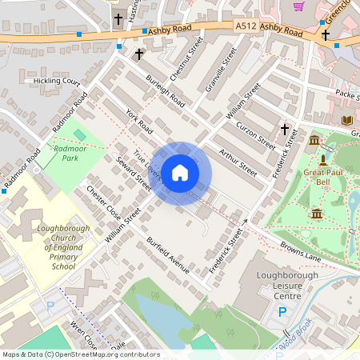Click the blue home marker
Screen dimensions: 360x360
coord(180,173)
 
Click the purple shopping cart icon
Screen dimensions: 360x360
coord(298,7)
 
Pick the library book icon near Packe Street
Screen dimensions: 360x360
coord(346,120)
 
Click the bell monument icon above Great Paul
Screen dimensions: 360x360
coord(322,160)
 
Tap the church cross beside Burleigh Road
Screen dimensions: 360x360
coord(139,54)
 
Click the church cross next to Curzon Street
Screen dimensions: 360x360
coord(284,129)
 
